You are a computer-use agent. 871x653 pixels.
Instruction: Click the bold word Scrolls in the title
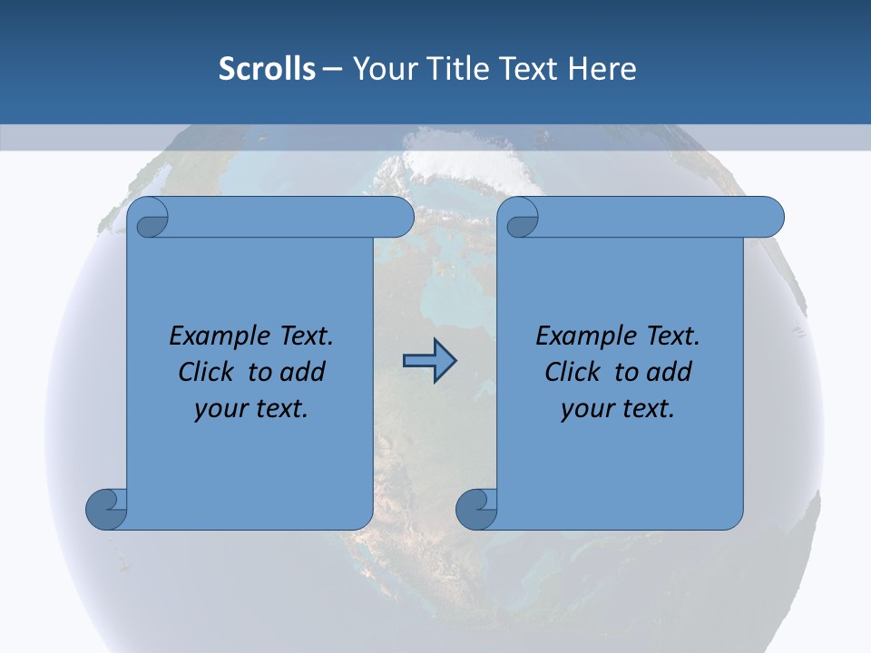coord(267,68)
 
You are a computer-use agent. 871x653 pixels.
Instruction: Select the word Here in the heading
coord(602,68)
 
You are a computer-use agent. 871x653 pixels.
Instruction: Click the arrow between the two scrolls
coord(428,361)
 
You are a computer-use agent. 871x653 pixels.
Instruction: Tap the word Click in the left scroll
coord(205,372)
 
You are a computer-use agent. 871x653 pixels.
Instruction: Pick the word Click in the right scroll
coord(572,372)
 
